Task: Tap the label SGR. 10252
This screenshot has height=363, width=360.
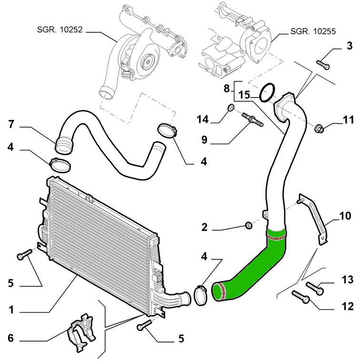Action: coord(60,29)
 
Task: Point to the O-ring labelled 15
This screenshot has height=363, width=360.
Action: coord(269,92)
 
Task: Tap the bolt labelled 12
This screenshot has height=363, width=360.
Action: coord(301,297)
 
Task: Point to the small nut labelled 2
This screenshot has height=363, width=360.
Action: coord(248,225)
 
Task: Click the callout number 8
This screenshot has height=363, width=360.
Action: coord(227,88)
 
